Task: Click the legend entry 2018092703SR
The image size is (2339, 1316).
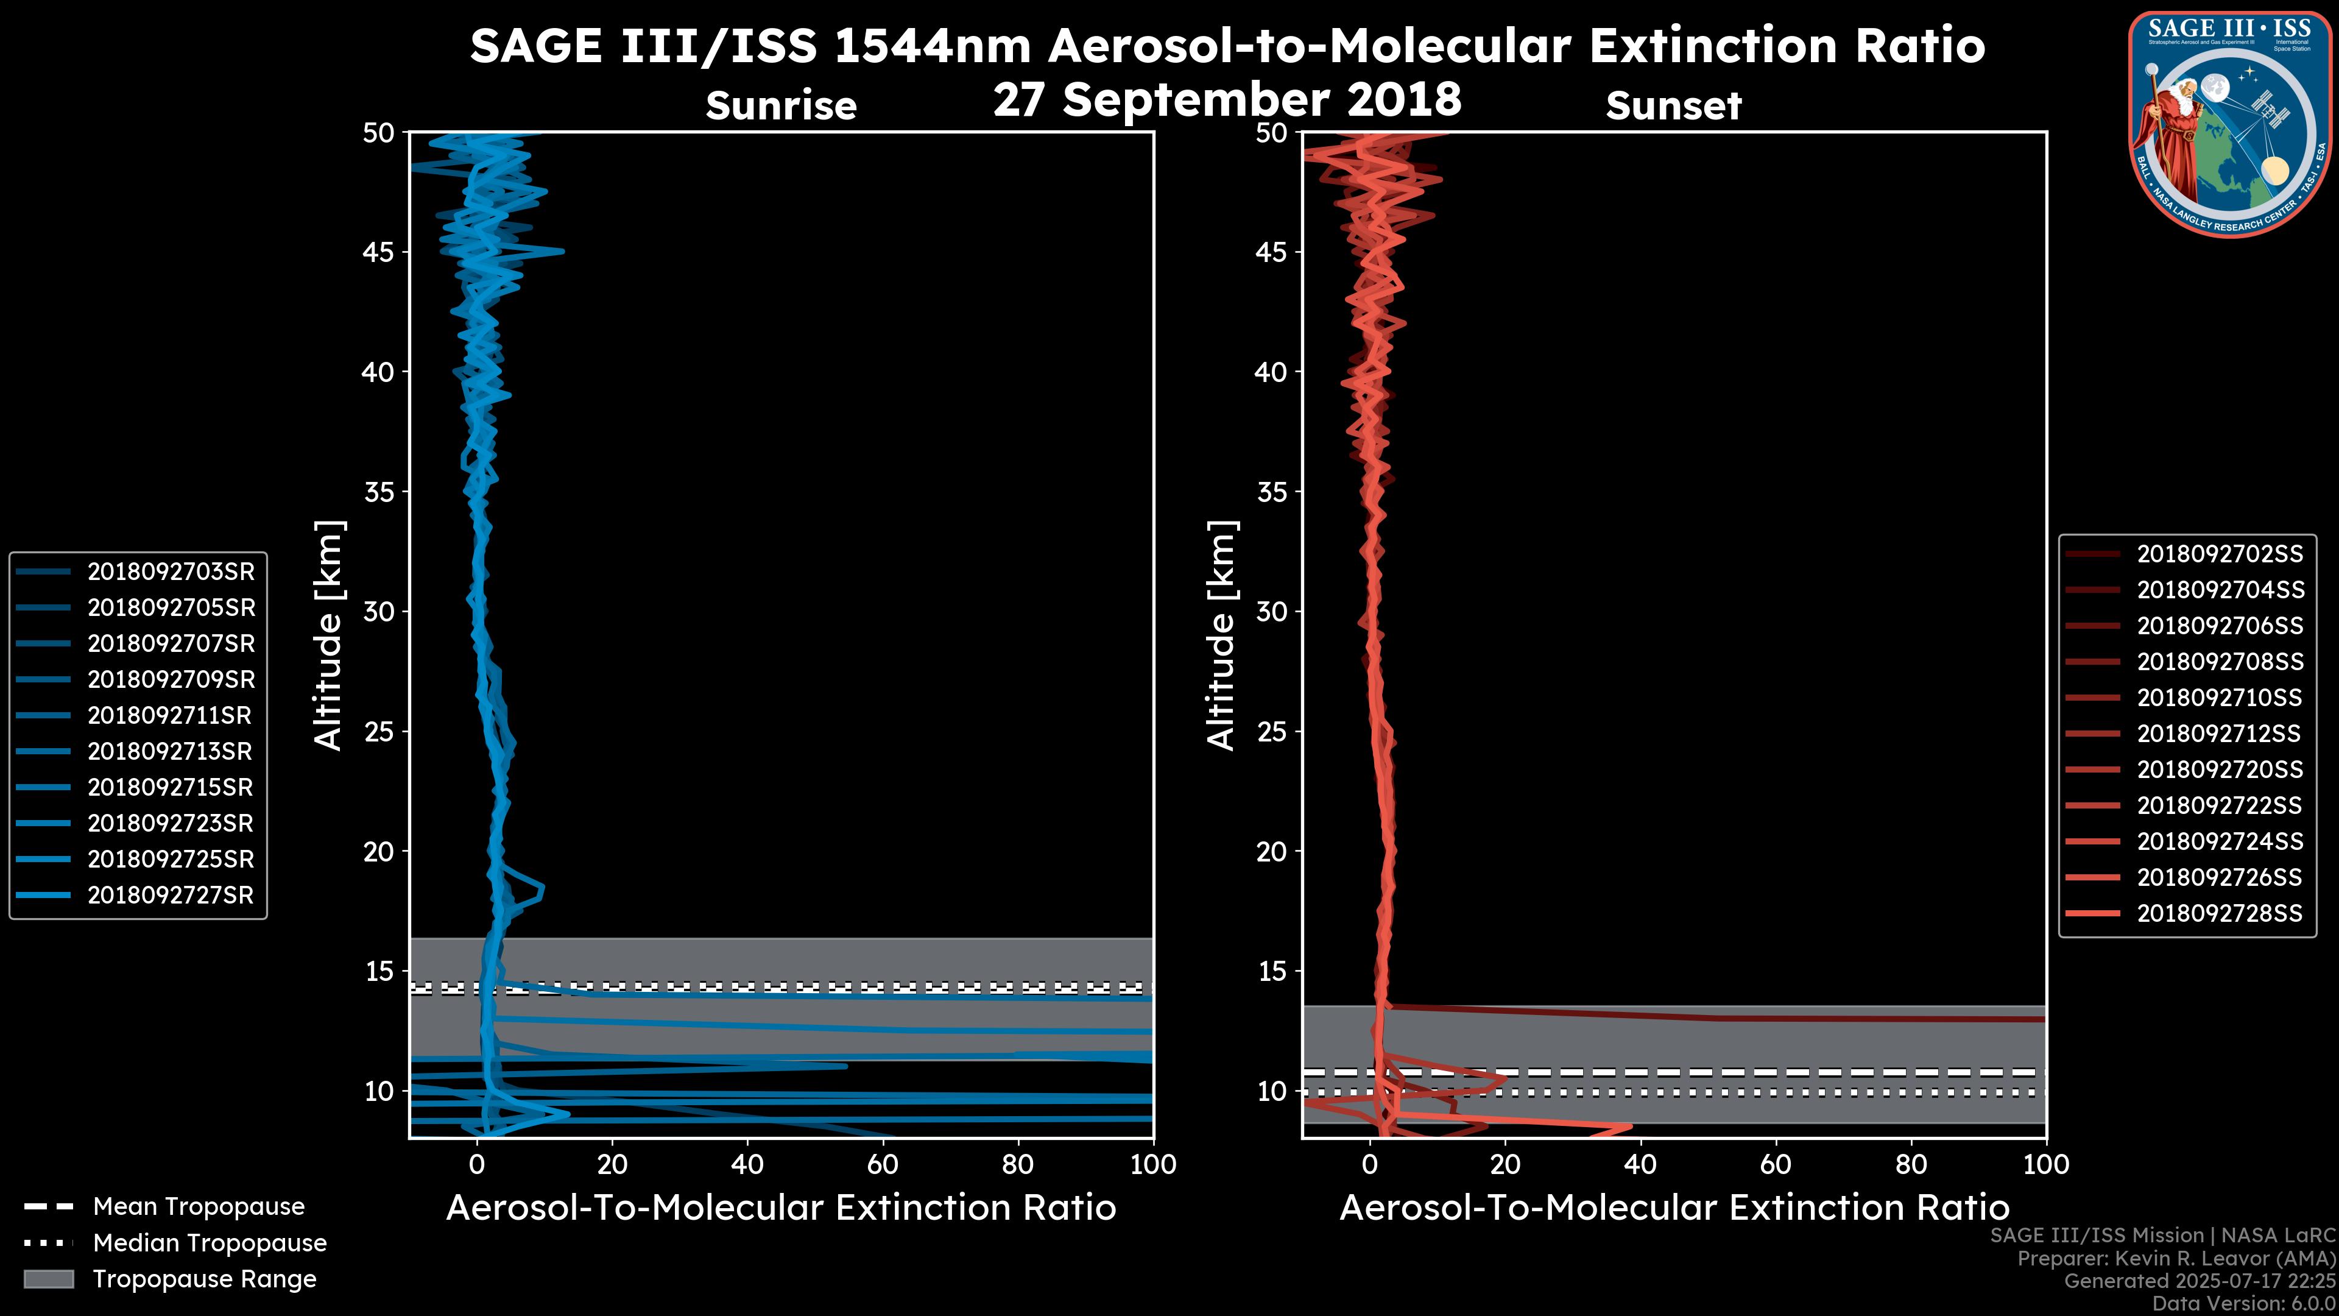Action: [x=171, y=571]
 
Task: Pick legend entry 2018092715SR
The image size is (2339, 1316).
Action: [x=171, y=787]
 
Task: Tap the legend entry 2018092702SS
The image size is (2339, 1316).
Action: [x=2219, y=554]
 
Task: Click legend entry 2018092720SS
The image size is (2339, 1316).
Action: [x=2219, y=769]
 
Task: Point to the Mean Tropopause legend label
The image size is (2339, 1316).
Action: [x=199, y=1206]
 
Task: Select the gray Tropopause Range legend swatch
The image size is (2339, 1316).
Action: [x=48, y=1279]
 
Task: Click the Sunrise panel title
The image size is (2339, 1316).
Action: [x=781, y=106]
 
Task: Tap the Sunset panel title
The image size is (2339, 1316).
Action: [x=1673, y=106]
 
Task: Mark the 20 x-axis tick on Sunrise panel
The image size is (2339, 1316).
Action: [x=612, y=1164]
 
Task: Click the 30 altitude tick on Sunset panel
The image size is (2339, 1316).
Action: [x=1272, y=611]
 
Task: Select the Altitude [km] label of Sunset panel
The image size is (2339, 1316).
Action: [x=1222, y=635]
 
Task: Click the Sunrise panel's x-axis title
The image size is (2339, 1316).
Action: [x=781, y=1208]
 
